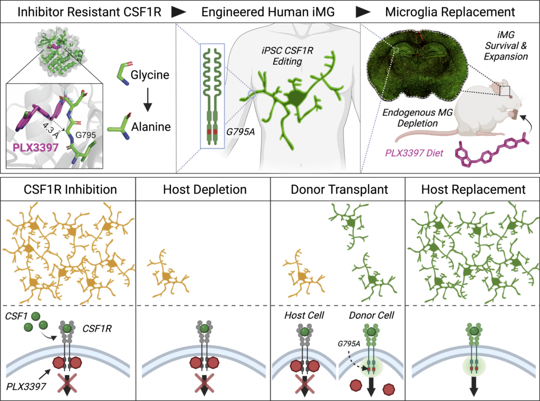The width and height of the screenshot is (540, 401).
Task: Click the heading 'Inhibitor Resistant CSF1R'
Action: pos(89,12)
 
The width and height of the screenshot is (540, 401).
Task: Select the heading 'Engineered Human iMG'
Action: pos(268,12)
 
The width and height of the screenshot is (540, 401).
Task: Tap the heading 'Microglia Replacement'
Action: pos(450,12)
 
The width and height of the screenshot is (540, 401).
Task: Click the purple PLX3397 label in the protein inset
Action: pos(35,148)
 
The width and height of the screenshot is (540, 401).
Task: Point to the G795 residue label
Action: pos(85,135)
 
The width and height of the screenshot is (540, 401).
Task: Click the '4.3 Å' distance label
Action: pos(51,129)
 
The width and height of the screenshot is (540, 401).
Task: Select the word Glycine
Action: pos(150,75)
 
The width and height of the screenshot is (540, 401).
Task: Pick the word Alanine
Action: pos(151,126)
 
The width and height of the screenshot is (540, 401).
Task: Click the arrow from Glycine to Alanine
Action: pos(148,100)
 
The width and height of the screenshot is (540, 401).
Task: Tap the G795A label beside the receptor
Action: pos(240,132)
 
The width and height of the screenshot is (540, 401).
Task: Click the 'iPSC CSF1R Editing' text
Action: pos(287,56)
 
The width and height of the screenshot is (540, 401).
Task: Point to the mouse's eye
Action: pos(510,97)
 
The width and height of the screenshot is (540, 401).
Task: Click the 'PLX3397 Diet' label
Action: pos(414,153)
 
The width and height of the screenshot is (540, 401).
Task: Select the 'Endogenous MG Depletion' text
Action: pos(418,118)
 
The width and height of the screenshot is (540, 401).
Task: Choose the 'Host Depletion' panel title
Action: pos(205,189)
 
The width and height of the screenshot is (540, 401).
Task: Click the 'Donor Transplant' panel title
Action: pos(339,189)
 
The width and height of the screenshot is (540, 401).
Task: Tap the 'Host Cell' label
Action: pos(304,315)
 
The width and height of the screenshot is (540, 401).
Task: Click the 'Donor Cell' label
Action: pos(371,315)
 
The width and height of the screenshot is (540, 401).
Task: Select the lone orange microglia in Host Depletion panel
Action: pos(168,274)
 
